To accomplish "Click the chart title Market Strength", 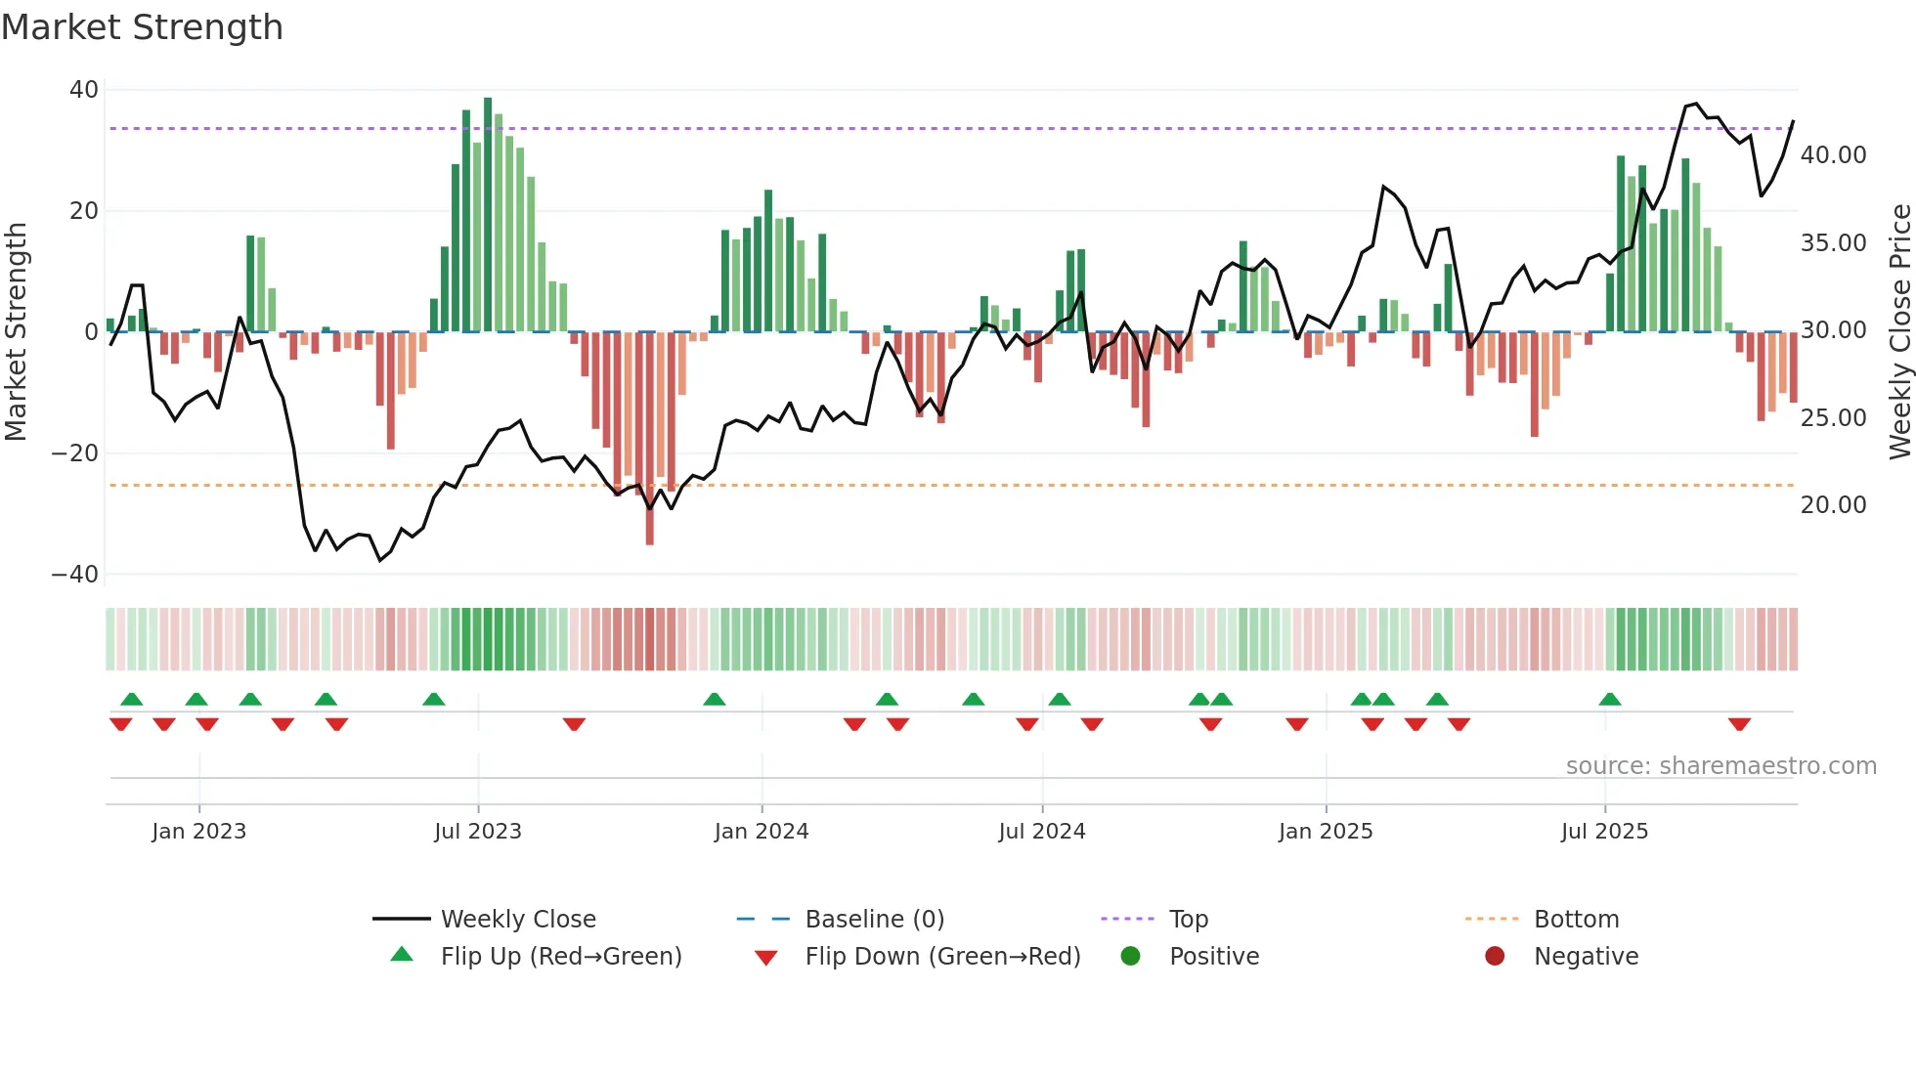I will (x=142, y=27).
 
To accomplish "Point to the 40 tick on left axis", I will (x=84, y=90).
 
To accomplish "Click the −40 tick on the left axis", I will (x=75, y=575).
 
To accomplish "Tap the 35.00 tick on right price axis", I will (x=1833, y=243).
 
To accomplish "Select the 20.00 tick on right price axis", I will (x=1833, y=505).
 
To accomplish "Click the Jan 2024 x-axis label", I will (x=762, y=832).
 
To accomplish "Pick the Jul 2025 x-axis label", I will (x=1604, y=832).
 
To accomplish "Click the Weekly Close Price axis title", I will (x=1899, y=332).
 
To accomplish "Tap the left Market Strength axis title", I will (x=17, y=332).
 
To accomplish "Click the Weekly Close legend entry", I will (x=517, y=920).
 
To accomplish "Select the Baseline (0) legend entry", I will (x=874, y=920).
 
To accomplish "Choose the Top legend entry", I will (x=1189, y=920).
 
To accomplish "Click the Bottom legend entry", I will (x=1576, y=920).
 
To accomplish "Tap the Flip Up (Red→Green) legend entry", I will (x=560, y=957).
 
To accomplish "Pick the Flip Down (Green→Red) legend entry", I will (x=942, y=957).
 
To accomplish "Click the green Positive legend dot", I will (x=1130, y=957).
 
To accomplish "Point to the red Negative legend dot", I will (x=1495, y=957).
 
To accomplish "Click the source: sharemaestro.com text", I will (x=1720, y=766).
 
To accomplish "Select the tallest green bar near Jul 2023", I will (x=488, y=215).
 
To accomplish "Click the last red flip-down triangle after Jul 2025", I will (x=1739, y=724).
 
